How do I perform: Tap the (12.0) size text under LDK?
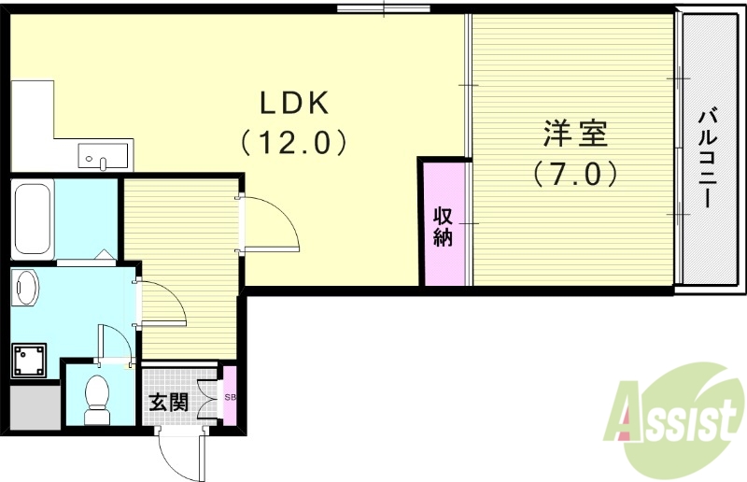[291, 143]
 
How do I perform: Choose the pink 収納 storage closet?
[444, 224]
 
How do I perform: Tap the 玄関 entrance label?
[169, 403]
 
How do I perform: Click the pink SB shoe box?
[230, 397]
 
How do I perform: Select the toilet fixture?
[97, 397]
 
